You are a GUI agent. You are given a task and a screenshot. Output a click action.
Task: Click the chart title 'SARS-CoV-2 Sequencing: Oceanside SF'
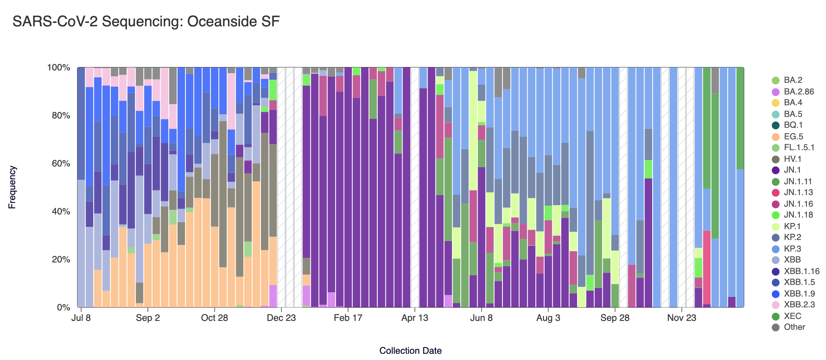(146, 22)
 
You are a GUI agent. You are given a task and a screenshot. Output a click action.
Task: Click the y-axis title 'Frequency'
(12, 187)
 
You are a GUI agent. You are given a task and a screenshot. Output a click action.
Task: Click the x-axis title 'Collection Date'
(410, 351)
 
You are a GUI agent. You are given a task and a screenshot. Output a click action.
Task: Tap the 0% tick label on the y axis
(63, 308)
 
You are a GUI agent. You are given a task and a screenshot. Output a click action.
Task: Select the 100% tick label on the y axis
(58, 68)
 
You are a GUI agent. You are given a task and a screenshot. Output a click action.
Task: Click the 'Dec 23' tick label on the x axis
(281, 318)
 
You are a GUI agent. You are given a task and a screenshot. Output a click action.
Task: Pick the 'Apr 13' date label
(415, 318)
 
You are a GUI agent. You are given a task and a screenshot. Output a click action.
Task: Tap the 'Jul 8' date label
(81, 318)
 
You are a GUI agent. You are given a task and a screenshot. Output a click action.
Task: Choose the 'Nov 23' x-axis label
(682, 318)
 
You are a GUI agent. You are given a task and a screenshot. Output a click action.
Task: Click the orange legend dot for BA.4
(776, 103)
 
